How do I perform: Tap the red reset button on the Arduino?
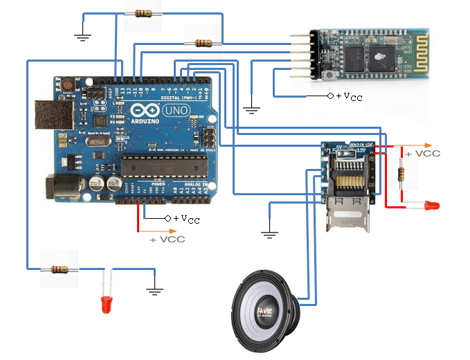68,85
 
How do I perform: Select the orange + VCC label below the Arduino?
168,239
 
